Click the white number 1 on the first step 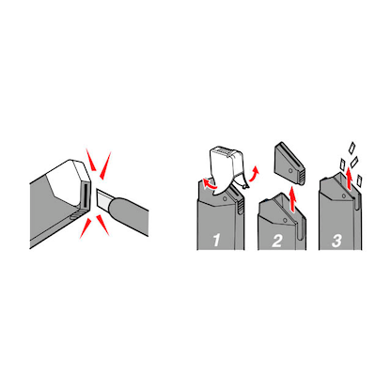point(216,241)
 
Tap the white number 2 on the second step point(277,241)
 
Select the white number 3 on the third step point(336,241)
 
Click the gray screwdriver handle point(129,215)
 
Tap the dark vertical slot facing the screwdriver point(85,195)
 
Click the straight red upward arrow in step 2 point(292,199)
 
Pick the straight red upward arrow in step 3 point(350,179)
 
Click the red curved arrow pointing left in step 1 point(209,184)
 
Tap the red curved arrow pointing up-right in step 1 point(254,174)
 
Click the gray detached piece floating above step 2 point(289,164)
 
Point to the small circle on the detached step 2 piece point(290,170)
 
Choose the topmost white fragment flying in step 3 point(352,148)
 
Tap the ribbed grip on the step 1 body point(241,205)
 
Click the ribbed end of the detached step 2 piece point(301,178)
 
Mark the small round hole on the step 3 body point(344,195)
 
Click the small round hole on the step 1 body point(225,198)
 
